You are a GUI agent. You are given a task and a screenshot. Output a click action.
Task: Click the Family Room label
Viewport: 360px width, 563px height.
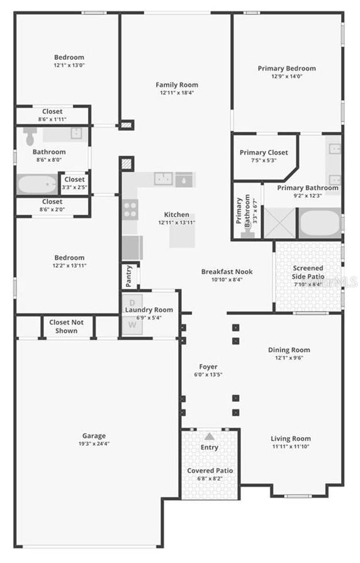coord(177,85)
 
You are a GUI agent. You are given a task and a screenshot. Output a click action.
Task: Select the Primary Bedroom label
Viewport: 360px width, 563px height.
coord(286,69)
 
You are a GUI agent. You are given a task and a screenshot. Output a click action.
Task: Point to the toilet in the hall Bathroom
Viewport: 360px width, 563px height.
coord(30,135)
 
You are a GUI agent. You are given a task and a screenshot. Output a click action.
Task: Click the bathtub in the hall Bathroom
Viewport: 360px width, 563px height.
coord(37,184)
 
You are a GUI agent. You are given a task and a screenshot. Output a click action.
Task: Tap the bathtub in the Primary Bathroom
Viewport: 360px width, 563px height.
coord(319,223)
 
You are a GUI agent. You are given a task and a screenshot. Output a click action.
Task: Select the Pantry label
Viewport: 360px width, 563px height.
coord(128,276)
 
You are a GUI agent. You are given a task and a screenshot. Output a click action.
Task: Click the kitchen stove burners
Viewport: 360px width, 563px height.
coord(130,209)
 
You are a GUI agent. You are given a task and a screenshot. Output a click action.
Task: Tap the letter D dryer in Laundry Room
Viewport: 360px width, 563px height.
coord(132,301)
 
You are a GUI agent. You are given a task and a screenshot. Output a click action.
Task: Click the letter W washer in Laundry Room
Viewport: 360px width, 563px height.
coord(132,325)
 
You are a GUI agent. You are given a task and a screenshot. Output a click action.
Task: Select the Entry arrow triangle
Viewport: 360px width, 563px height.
coord(209,436)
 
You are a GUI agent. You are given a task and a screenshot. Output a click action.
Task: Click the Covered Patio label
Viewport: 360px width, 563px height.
coord(210,470)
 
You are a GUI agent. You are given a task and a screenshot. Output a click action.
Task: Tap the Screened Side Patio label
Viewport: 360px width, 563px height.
coord(308,272)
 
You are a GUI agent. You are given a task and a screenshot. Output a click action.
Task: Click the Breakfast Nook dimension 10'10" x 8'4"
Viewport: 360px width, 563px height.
coord(227,280)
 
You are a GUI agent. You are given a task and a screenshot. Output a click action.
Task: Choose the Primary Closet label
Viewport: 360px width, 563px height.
coord(264,152)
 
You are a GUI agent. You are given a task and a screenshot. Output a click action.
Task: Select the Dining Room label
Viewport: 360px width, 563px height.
coord(289,350)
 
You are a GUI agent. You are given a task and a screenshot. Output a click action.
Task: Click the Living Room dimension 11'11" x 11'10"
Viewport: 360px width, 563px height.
coord(291,446)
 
